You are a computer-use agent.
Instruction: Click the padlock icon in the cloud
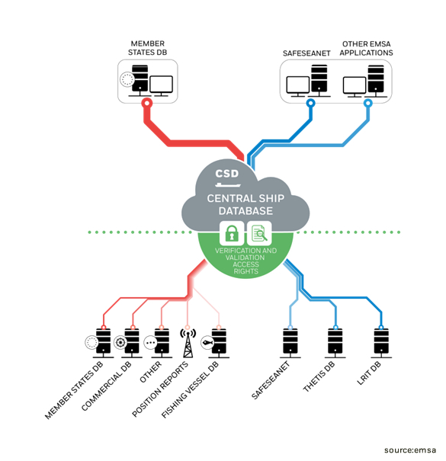[232, 233]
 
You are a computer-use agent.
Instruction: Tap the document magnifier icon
[259, 233]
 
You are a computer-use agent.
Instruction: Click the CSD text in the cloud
[227, 174]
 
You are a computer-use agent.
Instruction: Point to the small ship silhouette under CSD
[228, 185]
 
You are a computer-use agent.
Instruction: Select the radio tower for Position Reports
[188, 343]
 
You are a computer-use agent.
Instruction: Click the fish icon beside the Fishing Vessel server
[207, 343]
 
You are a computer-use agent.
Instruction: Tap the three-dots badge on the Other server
[151, 343]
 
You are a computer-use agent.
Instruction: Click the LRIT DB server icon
[381, 343]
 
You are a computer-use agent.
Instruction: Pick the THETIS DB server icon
[335, 343]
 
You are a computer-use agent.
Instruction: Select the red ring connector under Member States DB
[147, 103]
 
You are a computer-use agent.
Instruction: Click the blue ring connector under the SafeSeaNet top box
[310, 103]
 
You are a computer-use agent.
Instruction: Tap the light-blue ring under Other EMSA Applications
[368, 103]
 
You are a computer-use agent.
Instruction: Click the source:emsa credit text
[410, 450]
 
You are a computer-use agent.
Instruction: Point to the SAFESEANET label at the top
[306, 53]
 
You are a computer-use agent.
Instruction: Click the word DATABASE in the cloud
[245, 211]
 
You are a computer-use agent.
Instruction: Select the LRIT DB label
[369, 373]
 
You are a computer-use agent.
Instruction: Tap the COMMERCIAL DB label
[107, 386]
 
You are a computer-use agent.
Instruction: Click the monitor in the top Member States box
[161, 86]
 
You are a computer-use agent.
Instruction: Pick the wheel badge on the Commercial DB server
[120, 343]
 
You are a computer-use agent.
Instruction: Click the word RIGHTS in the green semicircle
[246, 271]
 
